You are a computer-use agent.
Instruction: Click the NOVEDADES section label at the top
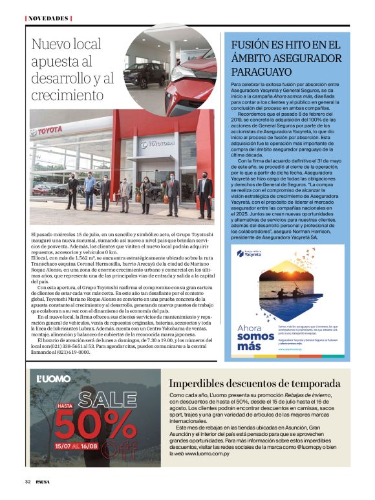pos(48,18)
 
